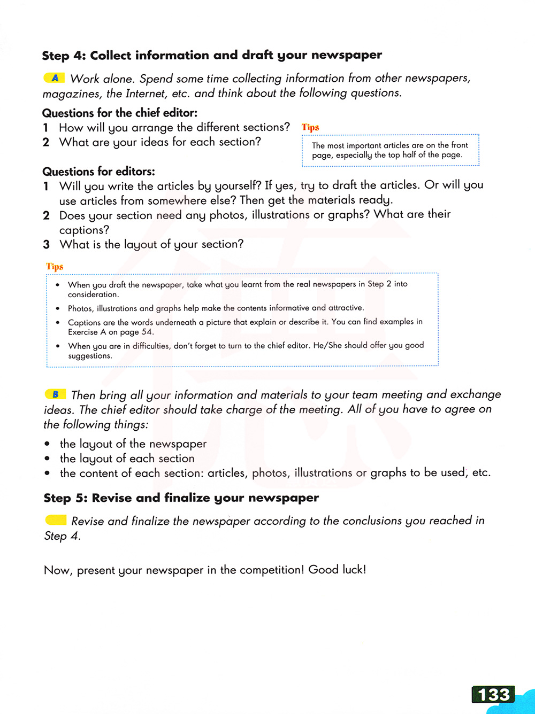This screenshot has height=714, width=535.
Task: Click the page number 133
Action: point(493,694)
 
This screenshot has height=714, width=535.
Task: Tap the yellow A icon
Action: point(55,78)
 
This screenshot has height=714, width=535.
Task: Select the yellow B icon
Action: point(55,394)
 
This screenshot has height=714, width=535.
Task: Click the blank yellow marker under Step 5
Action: point(56,520)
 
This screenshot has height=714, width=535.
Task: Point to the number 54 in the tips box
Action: point(147,332)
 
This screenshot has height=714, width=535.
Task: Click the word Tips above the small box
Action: point(310,127)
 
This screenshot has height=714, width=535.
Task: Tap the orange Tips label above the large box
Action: point(55,266)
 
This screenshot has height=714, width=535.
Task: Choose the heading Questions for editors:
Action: point(98,172)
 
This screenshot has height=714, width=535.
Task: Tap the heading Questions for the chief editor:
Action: point(120,113)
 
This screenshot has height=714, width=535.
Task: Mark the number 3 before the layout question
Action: point(47,244)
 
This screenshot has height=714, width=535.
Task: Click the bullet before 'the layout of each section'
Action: point(48,459)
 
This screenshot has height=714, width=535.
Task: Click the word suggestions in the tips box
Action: point(89,356)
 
